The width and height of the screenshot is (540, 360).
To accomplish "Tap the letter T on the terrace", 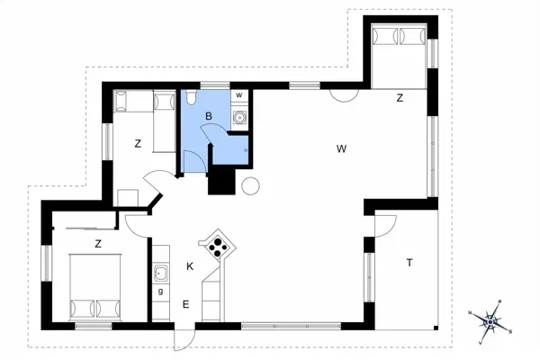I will [x=409, y=263].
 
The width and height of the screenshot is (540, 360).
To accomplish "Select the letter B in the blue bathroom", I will [x=208, y=115].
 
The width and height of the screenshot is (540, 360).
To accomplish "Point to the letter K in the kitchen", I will [x=190, y=266].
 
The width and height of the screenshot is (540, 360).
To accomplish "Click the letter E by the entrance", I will [x=185, y=304].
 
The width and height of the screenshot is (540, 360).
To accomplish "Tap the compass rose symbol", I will [x=491, y=319].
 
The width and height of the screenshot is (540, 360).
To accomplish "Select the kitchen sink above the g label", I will [x=161, y=273].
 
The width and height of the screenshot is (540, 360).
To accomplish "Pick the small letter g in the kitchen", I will [x=160, y=292].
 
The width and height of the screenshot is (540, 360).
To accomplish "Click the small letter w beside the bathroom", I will [x=238, y=94].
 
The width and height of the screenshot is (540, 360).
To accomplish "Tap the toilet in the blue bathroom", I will [x=190, y=101].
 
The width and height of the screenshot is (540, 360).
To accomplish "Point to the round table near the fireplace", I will [x=249, y=186].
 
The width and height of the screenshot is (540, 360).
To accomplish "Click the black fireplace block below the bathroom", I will [x=220, y=180].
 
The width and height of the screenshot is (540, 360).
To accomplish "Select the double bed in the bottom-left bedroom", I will [x=95, y=286].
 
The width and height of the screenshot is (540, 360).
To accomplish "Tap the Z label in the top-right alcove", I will [x=399, y=99].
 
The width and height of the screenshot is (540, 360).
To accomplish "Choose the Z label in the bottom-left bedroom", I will [x=96, y=243].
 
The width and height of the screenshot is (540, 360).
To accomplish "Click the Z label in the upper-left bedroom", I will [x=138, y=143].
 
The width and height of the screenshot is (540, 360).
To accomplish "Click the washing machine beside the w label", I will [x=239, y=116].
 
